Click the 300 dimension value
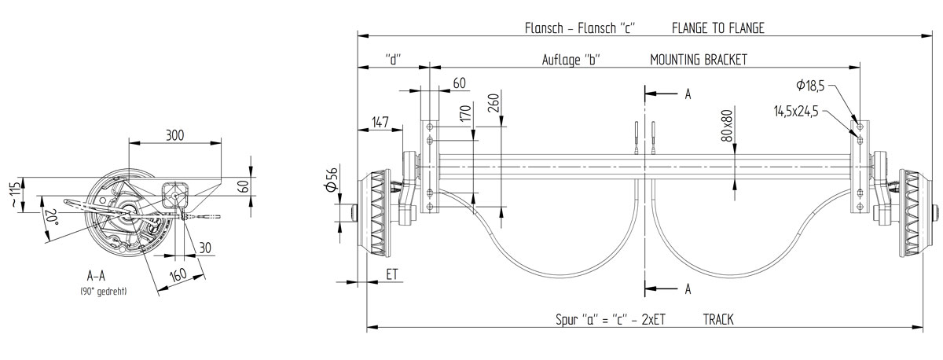tap(174, 135)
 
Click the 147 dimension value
tap(380, 121)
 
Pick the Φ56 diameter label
tap(332, 182)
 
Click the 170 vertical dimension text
tap(464, 114)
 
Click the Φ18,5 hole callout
tap(809, 84)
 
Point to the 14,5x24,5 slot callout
tap(795, 112)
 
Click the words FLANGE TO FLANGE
tap(717, 28)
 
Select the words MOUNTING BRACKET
tap(699, 60)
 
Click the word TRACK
tap(719, 320)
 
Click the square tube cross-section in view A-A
tap(176, 192)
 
